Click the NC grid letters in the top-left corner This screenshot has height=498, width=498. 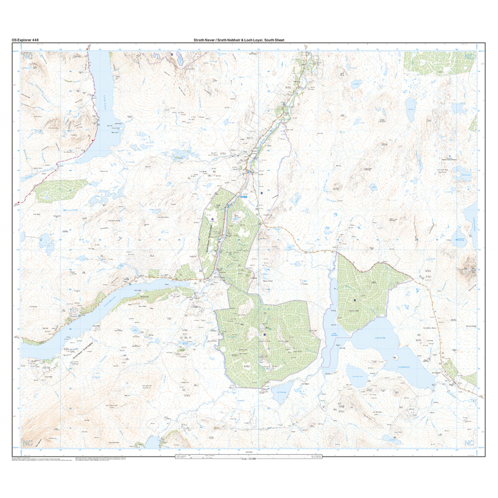tap(28, 56)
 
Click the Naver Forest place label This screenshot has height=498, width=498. tap(268, 281)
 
